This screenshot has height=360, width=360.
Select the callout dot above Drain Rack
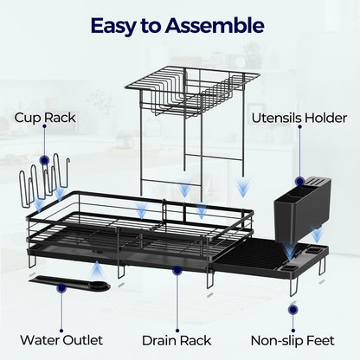click(x=177, y=270)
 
